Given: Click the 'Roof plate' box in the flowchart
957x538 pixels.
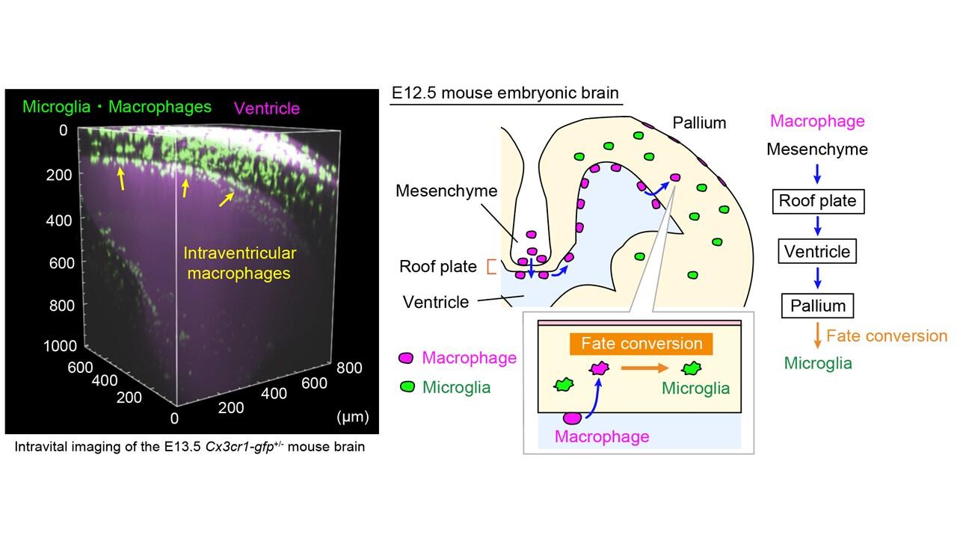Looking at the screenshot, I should [x=817, y=200].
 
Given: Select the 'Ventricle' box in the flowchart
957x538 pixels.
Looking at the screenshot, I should [x=817, y=252].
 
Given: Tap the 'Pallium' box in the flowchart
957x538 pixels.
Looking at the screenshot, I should [x=817, y=306].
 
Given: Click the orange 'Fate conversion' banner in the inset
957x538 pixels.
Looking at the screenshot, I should [x=641, y=344].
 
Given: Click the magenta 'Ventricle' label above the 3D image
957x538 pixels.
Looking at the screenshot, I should [x=267, y=108].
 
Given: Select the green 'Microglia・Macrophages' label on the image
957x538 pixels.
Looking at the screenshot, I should [x=117, y=107].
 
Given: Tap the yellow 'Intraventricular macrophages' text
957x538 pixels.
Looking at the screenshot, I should [x=240, y=263].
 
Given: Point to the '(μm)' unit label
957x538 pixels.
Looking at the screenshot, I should [x=353, y=416].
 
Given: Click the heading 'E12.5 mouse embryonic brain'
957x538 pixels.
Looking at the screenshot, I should [x=505, y=93].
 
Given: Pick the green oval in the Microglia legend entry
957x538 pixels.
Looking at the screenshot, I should [x=407, y=387].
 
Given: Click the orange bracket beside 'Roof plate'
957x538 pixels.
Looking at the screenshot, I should [x=491, y=267].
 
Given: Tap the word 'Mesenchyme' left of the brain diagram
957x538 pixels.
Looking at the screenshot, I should [x=446, y=191].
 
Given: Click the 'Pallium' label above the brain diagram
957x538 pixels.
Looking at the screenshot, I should [x=698, y=122].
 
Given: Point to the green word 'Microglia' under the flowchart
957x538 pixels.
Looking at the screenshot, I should [x=818, y=363].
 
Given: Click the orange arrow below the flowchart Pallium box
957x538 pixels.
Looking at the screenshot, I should [x=817, y=336].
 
